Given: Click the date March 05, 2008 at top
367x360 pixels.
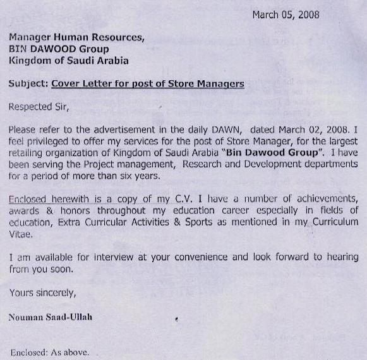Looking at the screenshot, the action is tap(286, 15).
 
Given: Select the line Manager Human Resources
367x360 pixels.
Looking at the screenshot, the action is tap(76, 37).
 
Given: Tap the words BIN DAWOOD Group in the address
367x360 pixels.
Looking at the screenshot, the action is tap(59, 49).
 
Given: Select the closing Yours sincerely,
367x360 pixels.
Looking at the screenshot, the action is tap(42, 292).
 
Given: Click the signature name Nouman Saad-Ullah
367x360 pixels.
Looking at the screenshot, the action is tap(51, 316).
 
